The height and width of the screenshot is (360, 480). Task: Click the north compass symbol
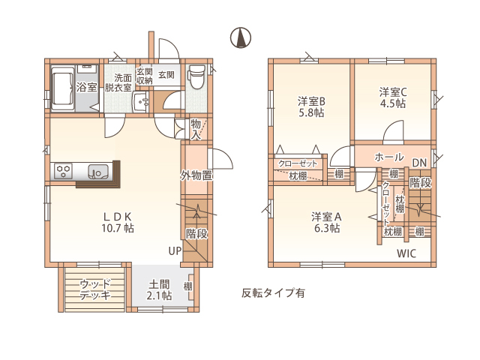[240, 37]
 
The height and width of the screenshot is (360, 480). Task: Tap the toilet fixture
[196, 76]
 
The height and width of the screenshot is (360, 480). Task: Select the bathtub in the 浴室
[63, 88]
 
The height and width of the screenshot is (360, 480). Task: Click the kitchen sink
[98, 172]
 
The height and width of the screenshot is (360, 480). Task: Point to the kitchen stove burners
[64, 172]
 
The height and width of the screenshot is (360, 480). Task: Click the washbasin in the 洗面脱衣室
[141, 102]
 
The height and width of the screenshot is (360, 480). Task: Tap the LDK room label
[118, 217]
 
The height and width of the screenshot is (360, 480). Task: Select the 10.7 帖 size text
[118, 228]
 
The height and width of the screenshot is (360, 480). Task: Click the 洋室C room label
[393, 91]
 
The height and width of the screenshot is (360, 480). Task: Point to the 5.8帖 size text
[311, 112]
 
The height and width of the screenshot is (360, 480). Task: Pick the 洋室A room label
[326, 217]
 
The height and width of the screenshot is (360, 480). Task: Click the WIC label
[406, 253]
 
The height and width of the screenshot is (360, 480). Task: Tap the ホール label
[389, 157]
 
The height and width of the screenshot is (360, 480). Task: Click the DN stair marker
[419, 163]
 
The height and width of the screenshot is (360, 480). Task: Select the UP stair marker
[175, 251]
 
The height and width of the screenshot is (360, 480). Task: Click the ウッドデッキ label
[95, 289]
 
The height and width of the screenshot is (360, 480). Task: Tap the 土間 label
[159, 284]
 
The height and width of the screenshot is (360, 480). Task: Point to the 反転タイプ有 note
[273, 293]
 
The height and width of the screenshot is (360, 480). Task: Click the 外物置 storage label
[196, 175]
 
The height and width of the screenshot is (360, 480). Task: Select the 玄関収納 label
[144, 76]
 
